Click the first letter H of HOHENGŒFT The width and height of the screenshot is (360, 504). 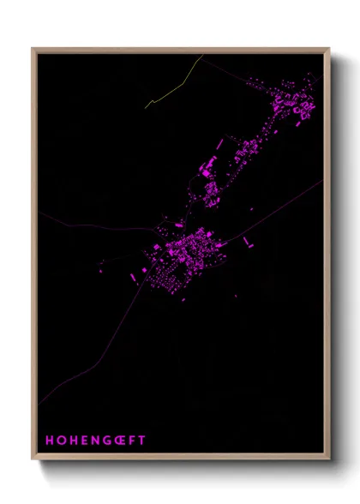pos(50,440)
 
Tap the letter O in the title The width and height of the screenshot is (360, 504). pos(62,440)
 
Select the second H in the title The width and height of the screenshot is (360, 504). pos(74,440)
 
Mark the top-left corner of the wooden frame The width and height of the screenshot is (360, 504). pos(33,48)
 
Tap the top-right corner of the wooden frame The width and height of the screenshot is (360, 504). pos(329,48)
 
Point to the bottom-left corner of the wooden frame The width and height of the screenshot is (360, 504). pos(33,459)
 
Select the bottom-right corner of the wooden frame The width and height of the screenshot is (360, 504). pos(329,459)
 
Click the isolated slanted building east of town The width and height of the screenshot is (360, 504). pos(248,243)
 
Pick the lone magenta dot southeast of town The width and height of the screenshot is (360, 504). pos(237,297)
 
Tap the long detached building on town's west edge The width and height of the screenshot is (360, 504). pos(133,278)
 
